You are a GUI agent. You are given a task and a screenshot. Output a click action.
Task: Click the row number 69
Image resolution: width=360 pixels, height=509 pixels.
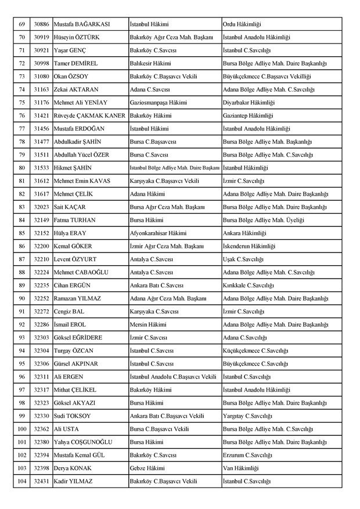coord(22,24)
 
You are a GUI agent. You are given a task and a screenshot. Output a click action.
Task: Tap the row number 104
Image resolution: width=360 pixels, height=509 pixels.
coord(22,481)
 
